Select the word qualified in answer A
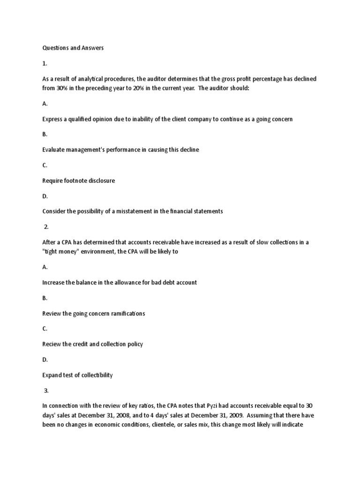tap(86, 119)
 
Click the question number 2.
tap(46, 226)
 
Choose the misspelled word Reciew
tap(52, 344)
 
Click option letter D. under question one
tap(45, 196)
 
